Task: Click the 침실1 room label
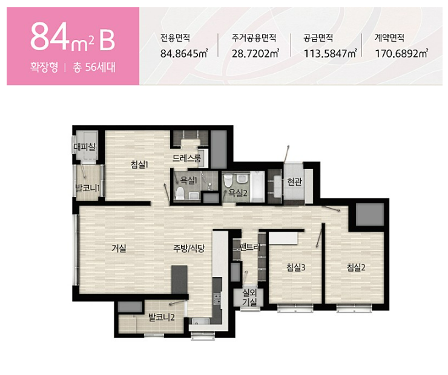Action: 139,165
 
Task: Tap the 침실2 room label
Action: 356,268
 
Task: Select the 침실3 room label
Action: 296,268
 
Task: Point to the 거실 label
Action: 119,249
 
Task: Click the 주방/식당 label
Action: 189,249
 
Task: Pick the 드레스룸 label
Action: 186,158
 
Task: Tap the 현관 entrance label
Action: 295,181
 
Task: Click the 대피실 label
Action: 84,147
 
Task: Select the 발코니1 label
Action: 87,188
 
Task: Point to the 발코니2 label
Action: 162,317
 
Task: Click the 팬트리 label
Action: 250,247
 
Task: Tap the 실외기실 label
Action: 249,297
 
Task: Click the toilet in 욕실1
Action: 180,193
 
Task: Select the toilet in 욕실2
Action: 228,180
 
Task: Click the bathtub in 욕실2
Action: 257,187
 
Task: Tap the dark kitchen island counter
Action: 179,279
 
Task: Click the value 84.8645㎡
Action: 184,53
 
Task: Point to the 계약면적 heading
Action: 389,38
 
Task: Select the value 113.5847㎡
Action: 331,53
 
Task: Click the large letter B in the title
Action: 107,40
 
